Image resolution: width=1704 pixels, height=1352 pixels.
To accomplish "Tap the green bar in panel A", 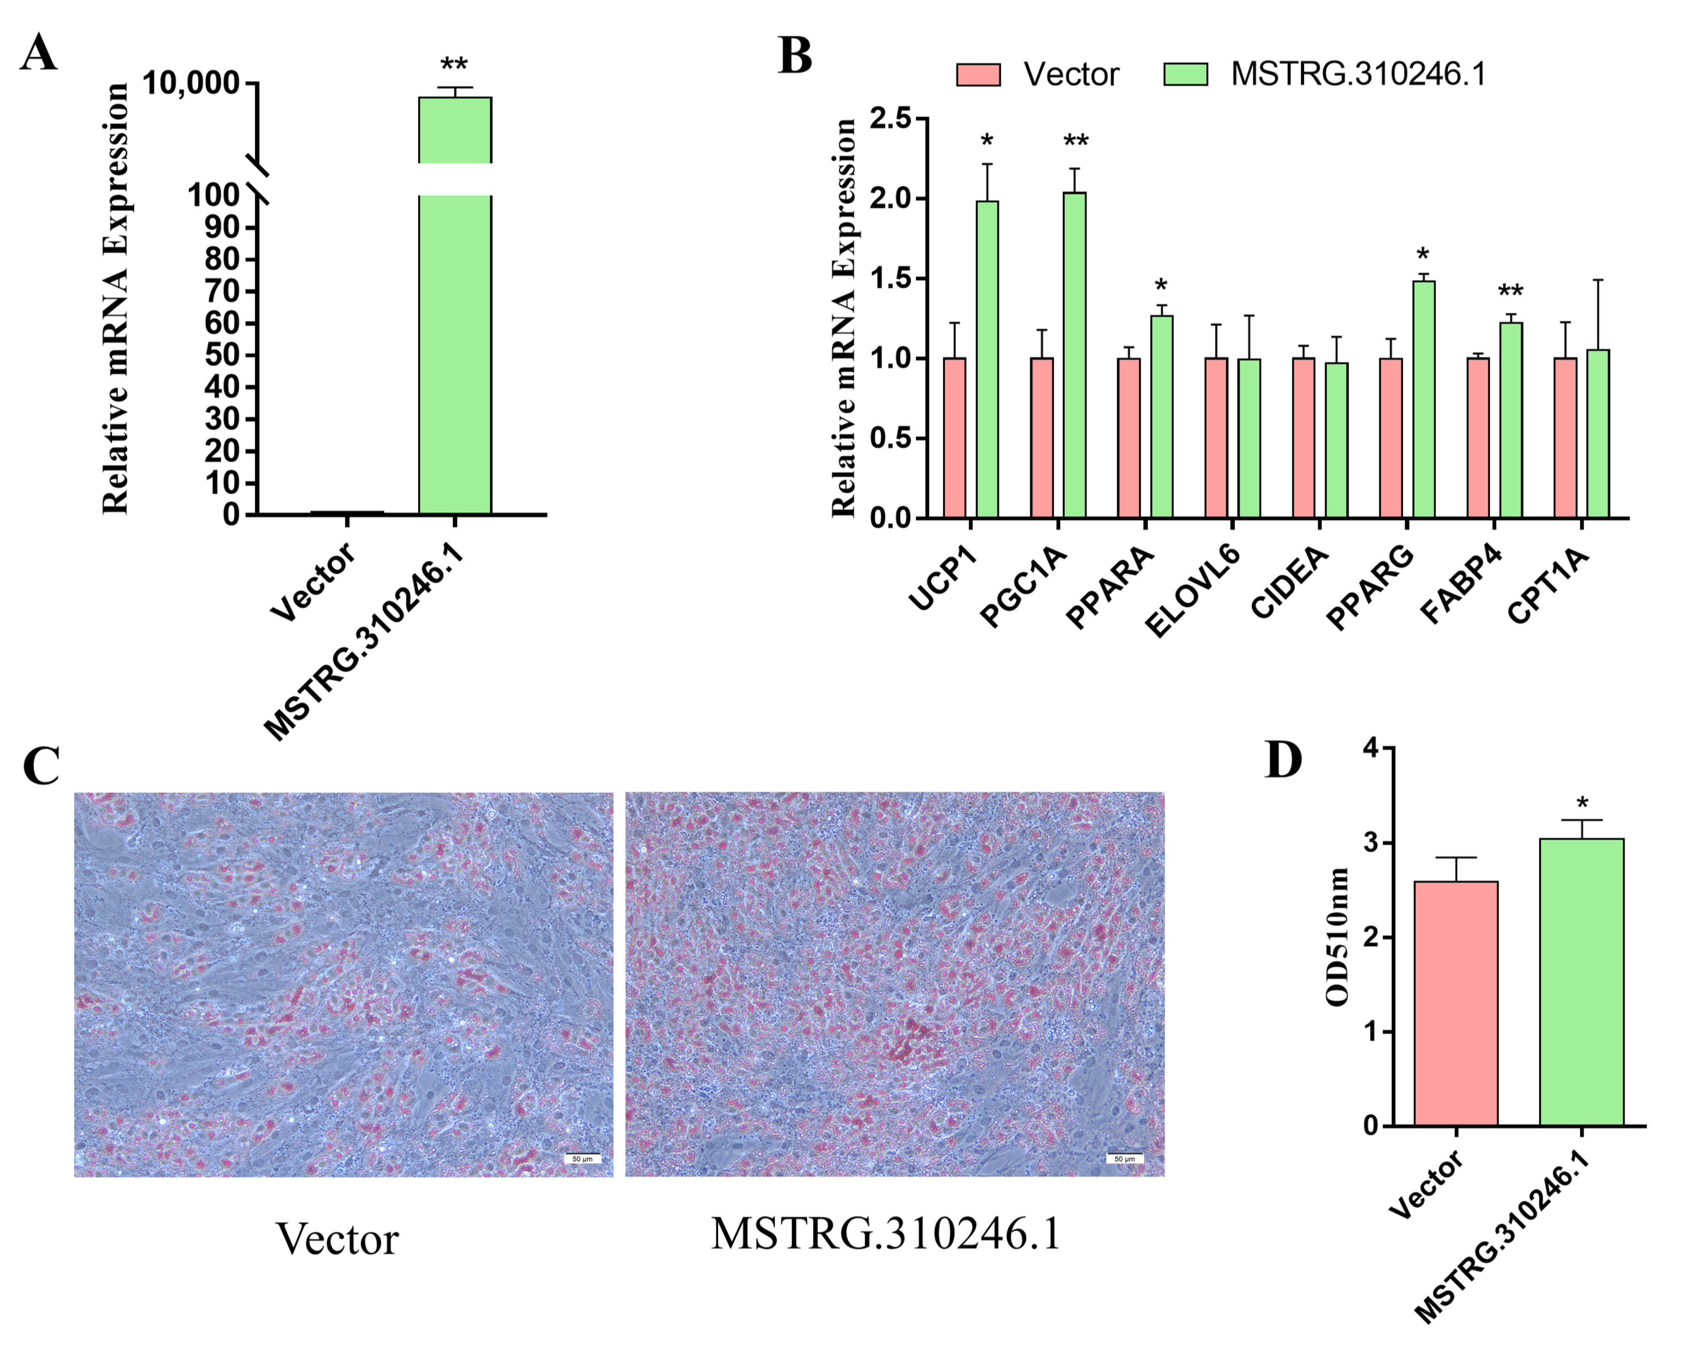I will click(454, 356).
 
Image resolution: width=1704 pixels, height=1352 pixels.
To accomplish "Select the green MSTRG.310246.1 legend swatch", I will click(1185, 74).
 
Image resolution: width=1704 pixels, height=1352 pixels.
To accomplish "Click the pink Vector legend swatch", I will click(978, 74).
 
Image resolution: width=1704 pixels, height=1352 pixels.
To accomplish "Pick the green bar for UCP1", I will click(987, 360).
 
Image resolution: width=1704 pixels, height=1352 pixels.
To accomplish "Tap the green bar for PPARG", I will click(1423, 399).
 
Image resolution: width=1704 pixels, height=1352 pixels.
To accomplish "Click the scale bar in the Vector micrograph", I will click(582, 1158).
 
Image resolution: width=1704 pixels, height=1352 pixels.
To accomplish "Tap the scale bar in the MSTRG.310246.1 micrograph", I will click(1124, 1158).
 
